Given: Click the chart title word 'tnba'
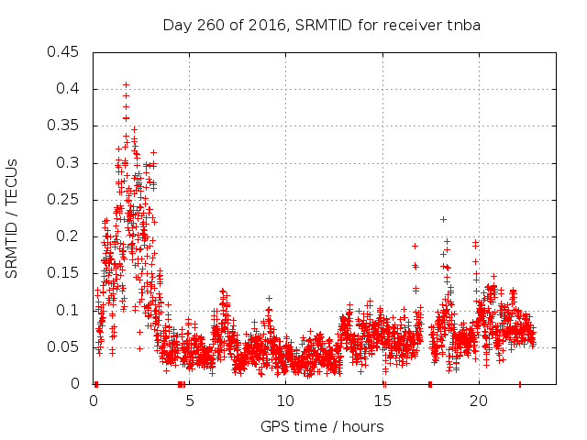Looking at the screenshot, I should pyautogui.click(x=464, y=25).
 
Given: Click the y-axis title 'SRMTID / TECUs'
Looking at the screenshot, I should pyautogui.click(x=12, y=217).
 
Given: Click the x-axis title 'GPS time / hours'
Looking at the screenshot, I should pyautogui.click(x=322, y=426).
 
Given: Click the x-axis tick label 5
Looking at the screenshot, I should pyautogui.click(x=190, y=401).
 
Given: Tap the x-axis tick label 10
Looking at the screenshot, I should pyautogui.click(x=286, y=401).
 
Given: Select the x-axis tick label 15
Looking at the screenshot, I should pyautogui.click(x=382, y=401).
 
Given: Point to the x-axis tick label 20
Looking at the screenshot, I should pyautogui.click(x=479, y=401).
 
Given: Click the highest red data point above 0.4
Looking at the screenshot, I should pyautogui.click(x=126, y=84).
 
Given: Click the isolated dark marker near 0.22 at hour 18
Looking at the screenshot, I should pyautogui.click(x=443, y=219).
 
